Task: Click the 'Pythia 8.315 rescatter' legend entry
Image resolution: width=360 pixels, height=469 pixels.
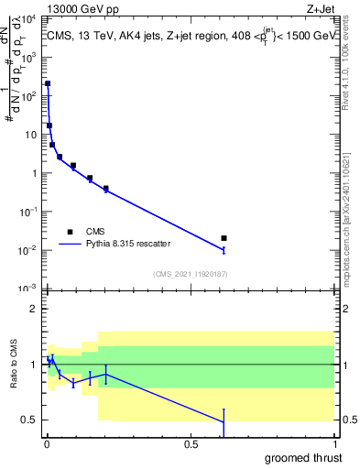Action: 133,245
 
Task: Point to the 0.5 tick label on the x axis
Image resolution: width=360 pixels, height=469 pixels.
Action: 191,444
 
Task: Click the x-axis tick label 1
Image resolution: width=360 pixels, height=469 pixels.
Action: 334,444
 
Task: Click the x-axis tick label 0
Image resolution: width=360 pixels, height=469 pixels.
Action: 47,444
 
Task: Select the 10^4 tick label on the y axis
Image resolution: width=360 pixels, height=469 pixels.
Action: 29,18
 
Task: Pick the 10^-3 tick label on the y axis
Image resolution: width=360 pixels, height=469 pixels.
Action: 29,289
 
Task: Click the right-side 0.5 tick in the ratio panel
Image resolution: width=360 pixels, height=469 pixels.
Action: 349,420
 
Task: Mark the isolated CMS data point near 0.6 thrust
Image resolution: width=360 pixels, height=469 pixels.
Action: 224,238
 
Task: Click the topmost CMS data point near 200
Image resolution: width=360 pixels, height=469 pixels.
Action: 48,83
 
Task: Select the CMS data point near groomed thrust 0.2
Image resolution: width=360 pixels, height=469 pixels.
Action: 106,189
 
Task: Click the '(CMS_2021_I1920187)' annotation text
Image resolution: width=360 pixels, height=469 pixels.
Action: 190,274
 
